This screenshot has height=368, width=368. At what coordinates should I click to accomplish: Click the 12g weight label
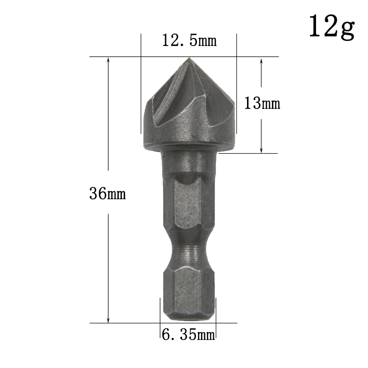click(332, 27)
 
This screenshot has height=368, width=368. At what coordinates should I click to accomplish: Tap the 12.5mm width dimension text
click(189, 40)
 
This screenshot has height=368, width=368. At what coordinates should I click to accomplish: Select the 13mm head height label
click(262, 103)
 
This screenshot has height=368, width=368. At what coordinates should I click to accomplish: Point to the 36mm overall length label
click(108, 194)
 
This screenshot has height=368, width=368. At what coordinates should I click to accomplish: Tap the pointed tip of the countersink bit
click(189, 57)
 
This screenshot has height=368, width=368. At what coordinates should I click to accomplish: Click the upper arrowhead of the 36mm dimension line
click(108, 61)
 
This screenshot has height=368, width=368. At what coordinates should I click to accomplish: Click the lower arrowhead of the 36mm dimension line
click(108, 319)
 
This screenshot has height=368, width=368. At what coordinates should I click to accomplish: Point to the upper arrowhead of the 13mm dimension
click(261, 62)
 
